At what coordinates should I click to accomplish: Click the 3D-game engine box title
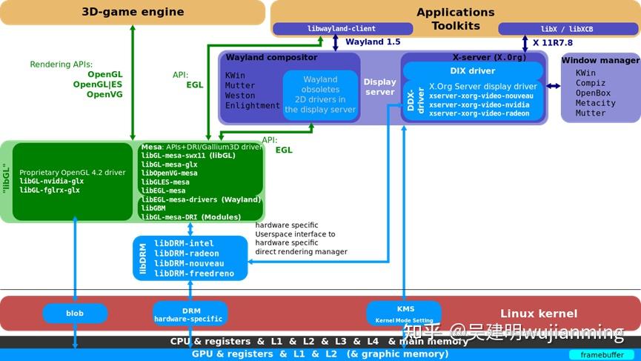pyautogui.click(x=133, y=12)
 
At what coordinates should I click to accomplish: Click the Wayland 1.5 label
pyautogui.click(x=373, y=42)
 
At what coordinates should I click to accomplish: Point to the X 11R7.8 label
pyautogui.click(x=552, y=43)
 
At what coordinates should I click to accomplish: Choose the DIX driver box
pyautogui.click(x=472, y=71)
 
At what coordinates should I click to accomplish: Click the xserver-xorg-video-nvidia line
pyautogui.click(x=479, y=105)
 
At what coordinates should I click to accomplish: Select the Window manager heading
pyautogui.click(x=600, y=61)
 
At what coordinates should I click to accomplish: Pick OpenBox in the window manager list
pyautogui.click(x=593, y=93)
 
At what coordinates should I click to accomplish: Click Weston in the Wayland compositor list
pyautogui.click(x=240, y=96)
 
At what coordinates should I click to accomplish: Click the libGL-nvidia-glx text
pyautogui.click(x=51, y=181)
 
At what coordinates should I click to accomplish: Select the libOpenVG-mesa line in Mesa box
pyautogui.click(x=170, y=173)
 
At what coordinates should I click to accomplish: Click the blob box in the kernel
pyautogui.click(x=75, y=314)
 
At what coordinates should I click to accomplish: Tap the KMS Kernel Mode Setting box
pyautogui.click(x=405, y=314)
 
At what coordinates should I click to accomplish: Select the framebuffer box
pyautogui.click(x=601, y=355)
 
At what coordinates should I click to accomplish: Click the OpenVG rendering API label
pyautogui.click(x=104, y=95)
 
